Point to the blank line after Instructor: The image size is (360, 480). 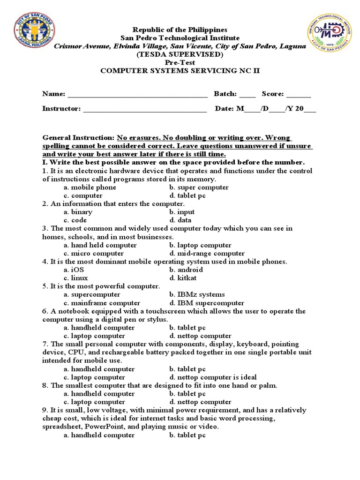point(144,110)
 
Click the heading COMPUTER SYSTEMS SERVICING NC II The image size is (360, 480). point(180,71)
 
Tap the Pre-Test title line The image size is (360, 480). point(180,62)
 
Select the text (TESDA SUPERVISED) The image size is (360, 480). point(180,54)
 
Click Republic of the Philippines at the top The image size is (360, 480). point(180,30)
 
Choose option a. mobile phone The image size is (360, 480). point(90,187)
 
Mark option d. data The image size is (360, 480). point(180,220)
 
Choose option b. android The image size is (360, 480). point(186,270)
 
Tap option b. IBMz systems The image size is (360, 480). point(197,295)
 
